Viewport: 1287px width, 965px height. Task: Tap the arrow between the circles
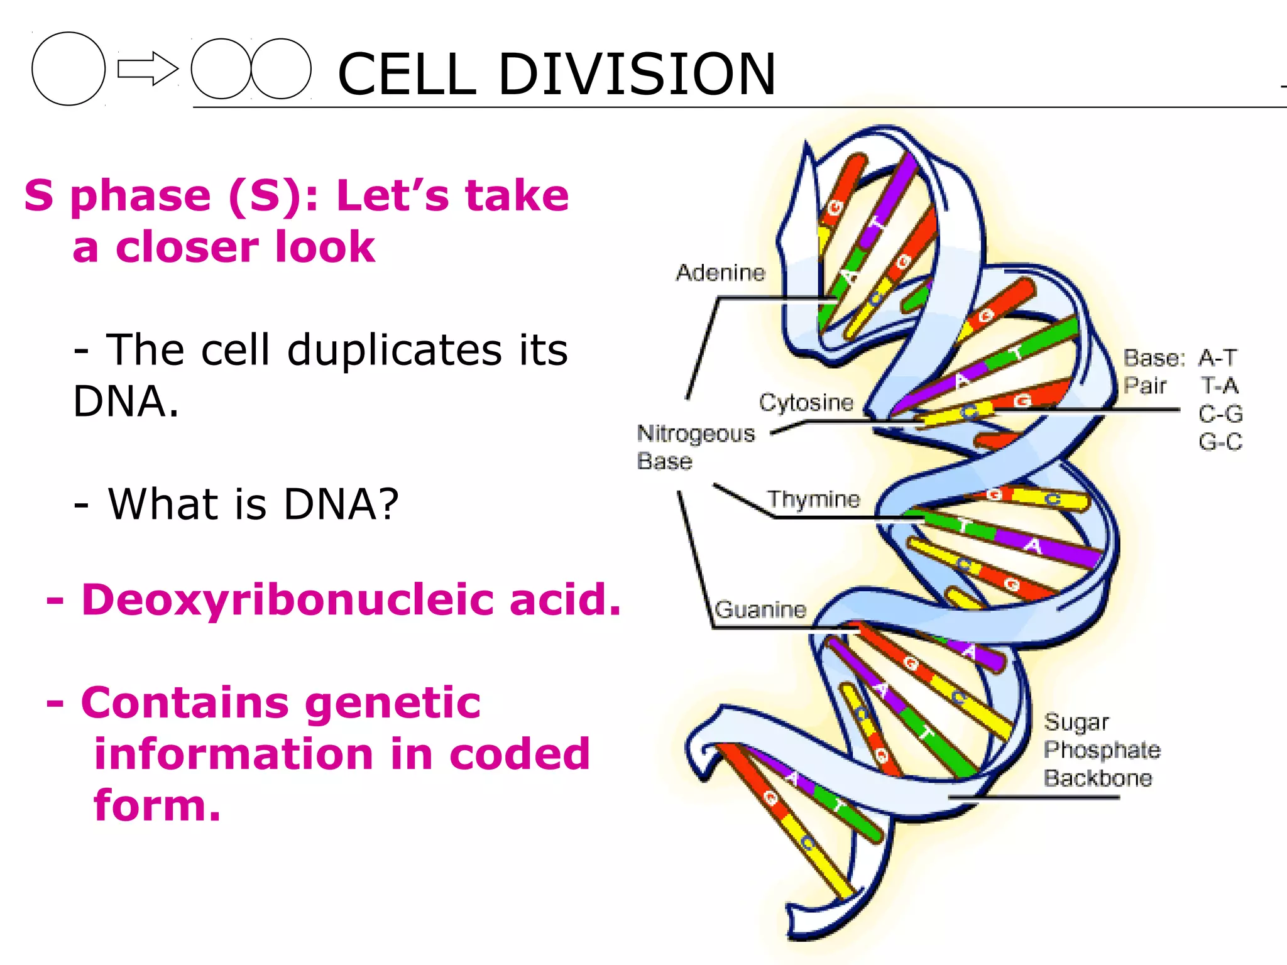tap(147, 68)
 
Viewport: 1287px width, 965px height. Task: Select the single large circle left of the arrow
tap(68, 68)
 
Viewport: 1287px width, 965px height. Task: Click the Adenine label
tap(720, 273)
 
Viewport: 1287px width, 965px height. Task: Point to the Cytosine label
tap(806, 402)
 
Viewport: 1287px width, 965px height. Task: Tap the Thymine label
tap(813, 499)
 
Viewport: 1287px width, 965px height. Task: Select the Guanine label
tap(760, 609)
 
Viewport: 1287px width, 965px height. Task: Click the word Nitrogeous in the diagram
tap(696, 433)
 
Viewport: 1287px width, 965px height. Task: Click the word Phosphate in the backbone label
tap(1102, 750)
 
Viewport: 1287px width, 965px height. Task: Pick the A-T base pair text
tap(1217, 358)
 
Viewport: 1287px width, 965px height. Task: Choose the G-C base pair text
tap(1220, 442)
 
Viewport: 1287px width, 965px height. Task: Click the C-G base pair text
tap(1220, 414)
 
